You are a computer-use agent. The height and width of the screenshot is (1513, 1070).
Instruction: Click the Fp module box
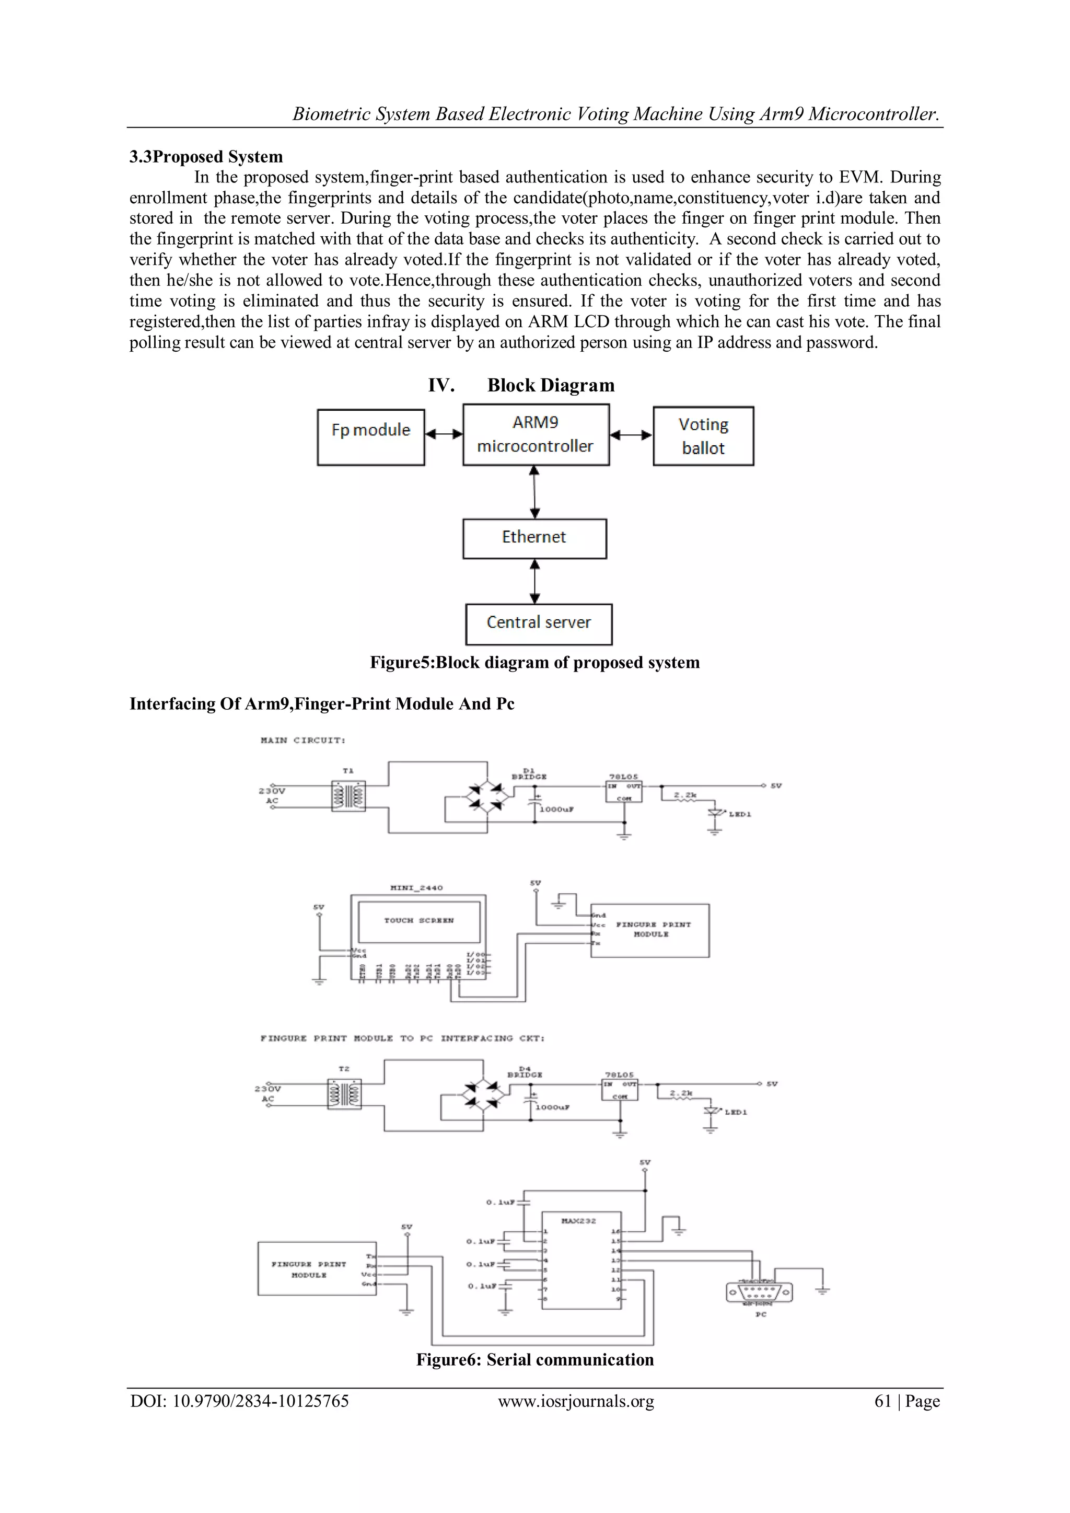(x=370, y=437)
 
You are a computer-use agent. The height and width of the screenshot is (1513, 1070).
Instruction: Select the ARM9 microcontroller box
(x=536, y=435)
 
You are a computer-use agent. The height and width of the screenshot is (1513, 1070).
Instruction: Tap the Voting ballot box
(x=703, y=436)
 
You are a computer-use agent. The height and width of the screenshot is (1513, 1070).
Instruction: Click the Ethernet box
(x=534, y=538)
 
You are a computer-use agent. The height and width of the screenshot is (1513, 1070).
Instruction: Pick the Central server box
(x=538, y=623)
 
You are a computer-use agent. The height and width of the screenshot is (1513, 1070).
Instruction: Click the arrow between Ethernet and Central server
(x=535, y=581)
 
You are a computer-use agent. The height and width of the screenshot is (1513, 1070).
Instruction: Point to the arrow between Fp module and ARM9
(x=444, y=434)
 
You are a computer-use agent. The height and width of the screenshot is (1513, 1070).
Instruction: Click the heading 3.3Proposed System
(x=205, y=157)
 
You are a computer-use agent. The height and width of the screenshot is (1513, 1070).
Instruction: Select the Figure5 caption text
(x=534, y=662)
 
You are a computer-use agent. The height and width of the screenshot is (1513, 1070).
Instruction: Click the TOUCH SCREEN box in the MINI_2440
(x=419, y=920)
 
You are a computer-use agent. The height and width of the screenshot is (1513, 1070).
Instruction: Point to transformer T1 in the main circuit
(x=348, y=796)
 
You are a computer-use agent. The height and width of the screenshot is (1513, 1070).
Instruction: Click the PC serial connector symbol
(x=759, y=1293)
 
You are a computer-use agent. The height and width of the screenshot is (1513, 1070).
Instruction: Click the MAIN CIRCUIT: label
(x=303, y=740)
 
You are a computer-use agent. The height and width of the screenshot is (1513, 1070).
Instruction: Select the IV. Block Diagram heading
(x=521, y=386)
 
